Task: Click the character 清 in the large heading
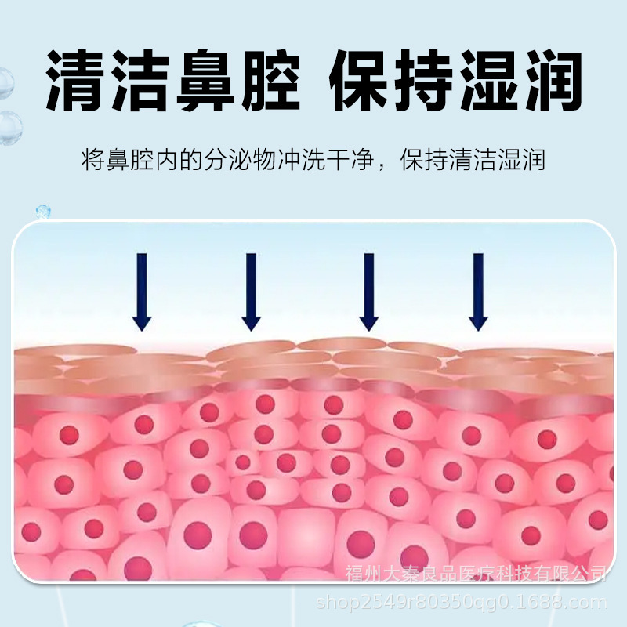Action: click(77, 81)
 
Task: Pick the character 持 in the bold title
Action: click(424, 81)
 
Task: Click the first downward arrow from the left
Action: click(141, 291)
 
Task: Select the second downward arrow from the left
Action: click(251, 291)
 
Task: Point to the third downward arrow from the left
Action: click(368, 291)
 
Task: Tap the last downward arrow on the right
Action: click(477, 291)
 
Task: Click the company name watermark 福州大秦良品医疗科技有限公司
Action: click(477, 574)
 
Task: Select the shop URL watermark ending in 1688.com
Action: click(461, 603)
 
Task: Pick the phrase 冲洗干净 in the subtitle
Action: click(325, 161)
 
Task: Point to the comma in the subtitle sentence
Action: click(382, 166)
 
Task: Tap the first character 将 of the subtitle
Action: click(92, 161)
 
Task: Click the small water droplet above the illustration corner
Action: click(43, 212)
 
